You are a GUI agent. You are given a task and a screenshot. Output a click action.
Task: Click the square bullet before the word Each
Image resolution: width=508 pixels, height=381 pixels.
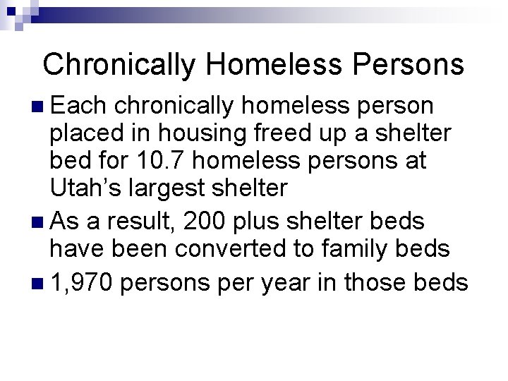[37, 107]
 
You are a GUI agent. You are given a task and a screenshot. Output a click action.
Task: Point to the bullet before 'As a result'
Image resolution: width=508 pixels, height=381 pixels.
[37, 221]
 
